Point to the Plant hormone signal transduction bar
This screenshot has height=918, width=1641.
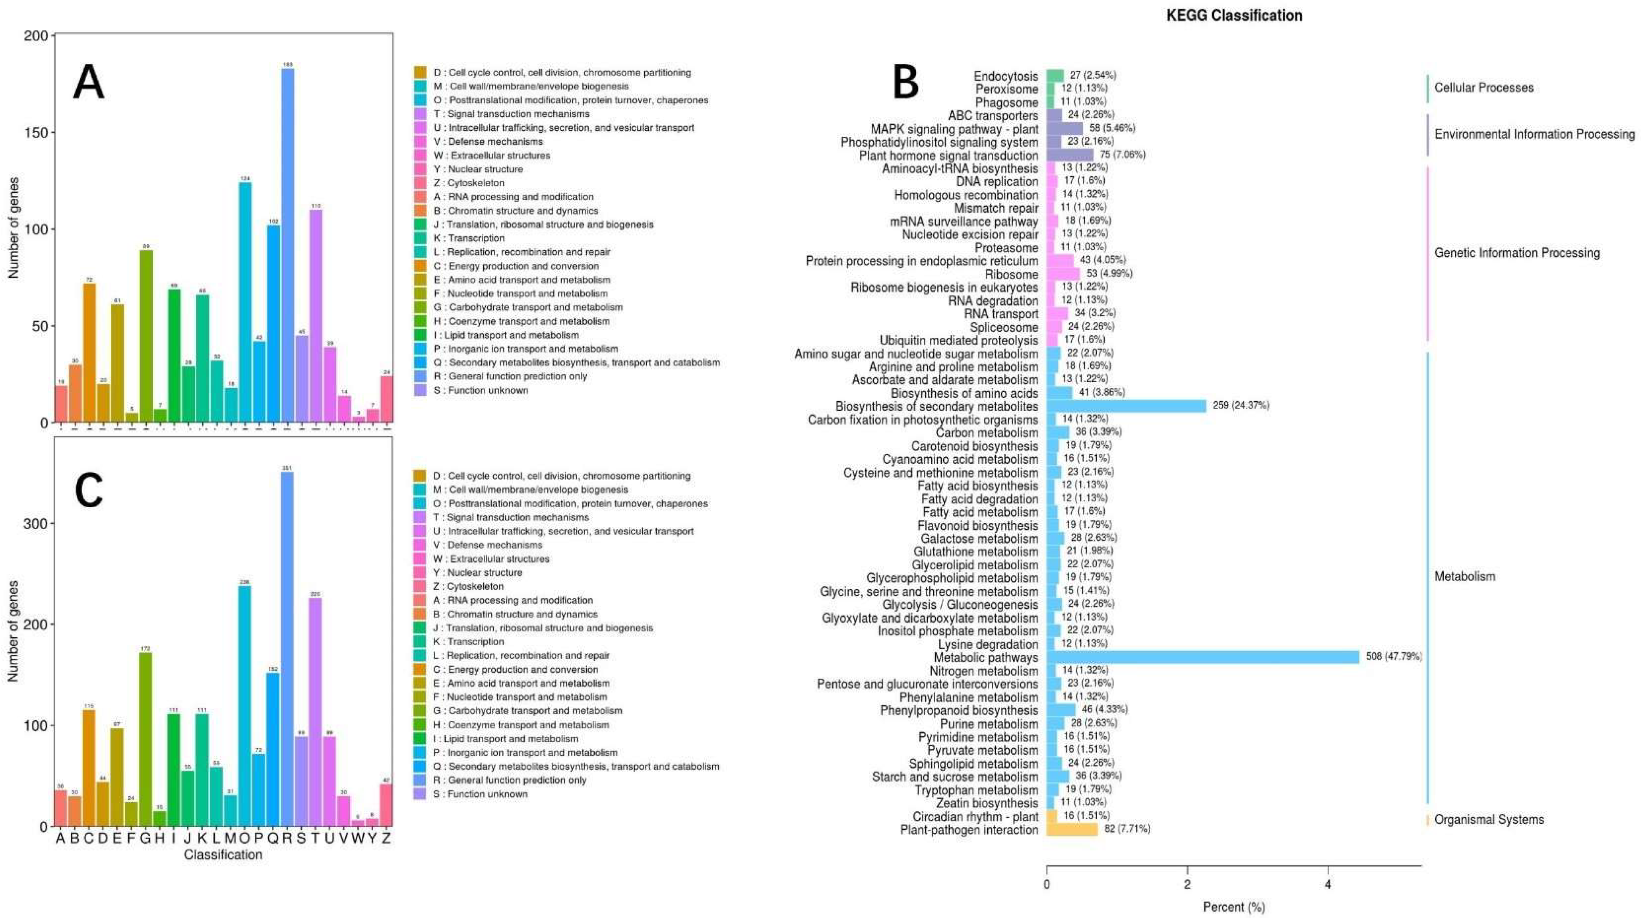coord(1070,155)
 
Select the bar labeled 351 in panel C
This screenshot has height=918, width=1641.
coord(287,649)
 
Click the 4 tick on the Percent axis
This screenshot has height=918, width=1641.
coord(1328,885)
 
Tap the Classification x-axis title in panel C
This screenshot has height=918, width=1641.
coord(223,855)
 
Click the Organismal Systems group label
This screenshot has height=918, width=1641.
coord(1489,819)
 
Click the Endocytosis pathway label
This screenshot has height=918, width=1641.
coord(1006,76)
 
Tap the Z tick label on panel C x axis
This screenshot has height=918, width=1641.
coord(386,838)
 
